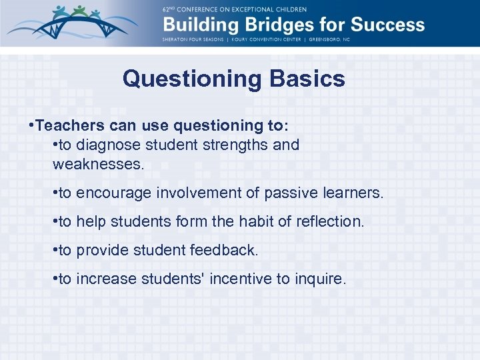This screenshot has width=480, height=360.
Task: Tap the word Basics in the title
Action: pos(307,79)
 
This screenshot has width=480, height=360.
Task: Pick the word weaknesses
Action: pos(98,163)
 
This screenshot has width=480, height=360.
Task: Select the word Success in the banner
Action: pos(387,25)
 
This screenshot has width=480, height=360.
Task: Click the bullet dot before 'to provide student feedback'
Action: pos(55,251)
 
